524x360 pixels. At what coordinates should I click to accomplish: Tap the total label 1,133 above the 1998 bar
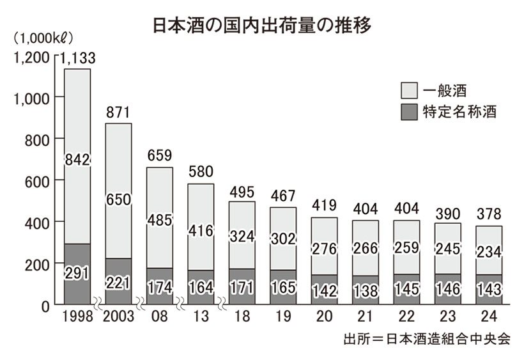click(x=77, y=58)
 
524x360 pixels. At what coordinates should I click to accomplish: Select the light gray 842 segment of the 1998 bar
click(x=77, y=159)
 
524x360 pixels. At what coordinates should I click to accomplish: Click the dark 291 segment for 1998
click(x=77, y=274)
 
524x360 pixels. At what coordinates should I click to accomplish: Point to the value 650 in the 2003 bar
click(x=118, y=200)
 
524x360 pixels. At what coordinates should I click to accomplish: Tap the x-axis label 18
click(x=242, y=318)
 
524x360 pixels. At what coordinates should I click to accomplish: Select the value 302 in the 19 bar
click(x=282, y=239)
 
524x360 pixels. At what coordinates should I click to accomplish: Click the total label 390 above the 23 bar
click(x=447, y=213)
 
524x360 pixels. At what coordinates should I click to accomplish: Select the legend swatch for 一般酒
click(x=410, y=89)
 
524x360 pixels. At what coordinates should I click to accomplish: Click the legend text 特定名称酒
click(x=459, y=112)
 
